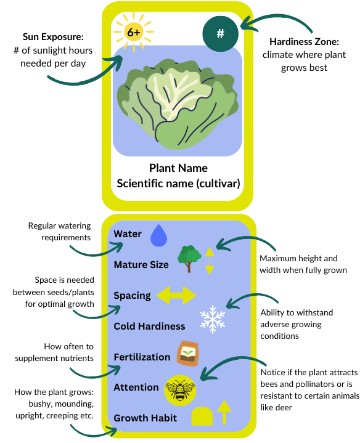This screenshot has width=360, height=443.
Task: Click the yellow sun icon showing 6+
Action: tap(133, 32)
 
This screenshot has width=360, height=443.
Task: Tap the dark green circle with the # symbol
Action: tap(221, 34)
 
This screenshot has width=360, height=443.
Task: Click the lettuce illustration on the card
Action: tap(178, 104)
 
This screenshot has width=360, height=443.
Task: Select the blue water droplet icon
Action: tap(158, 235)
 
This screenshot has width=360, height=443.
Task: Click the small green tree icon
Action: tap(189, 258)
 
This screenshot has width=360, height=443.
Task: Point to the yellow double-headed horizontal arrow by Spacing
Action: tap(176, 295)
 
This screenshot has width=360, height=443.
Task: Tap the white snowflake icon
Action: tap(213, 319)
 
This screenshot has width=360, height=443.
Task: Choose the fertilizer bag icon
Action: tap(188, 354)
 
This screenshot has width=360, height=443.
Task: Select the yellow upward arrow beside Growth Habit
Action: tap(224, 412)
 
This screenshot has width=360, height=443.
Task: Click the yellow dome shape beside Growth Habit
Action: tap(202, 416)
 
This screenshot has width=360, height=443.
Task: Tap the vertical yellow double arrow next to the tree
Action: tap(210, 261)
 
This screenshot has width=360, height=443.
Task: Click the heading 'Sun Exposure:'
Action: tap(53, 37)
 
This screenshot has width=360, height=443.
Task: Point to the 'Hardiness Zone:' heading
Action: tap(304, 42)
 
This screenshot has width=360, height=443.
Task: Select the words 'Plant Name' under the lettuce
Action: tap(178, 168)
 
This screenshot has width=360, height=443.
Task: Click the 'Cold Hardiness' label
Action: tap(149, 327)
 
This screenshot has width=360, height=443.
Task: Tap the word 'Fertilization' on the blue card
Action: tap(142, 357)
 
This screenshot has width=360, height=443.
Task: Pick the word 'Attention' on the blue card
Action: tap(136, 388)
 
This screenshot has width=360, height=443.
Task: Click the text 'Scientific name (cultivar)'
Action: tap(178, 184)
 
